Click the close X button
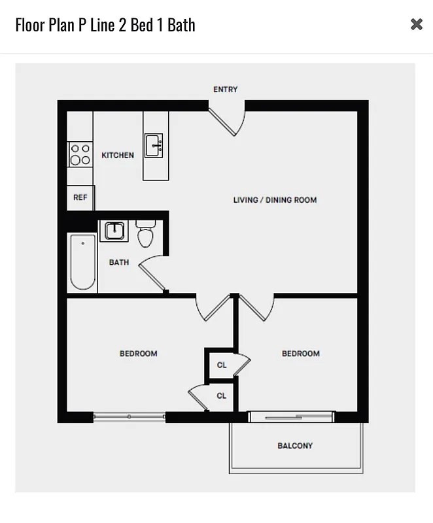[x=417, y=24]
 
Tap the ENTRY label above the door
[x=226, y=90]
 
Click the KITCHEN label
[x=118, y=156]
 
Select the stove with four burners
[x=80, y=154]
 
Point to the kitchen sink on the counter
[x=154, y=145]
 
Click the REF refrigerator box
[x=80, y=197]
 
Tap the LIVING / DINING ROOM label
[x=275, y=200]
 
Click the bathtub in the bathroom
[x=83, y=261]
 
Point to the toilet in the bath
[x=145, y=234]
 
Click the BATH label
[x=119, y=263]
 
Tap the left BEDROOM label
[x=139, y=354]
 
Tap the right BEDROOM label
[x=301, y=354]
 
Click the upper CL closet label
[x=222, y=365]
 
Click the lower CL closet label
[x=222, y=396]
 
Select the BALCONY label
[x=295, y=446]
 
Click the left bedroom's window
[x=130, y=416]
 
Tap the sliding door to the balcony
[x=292, y=416]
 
